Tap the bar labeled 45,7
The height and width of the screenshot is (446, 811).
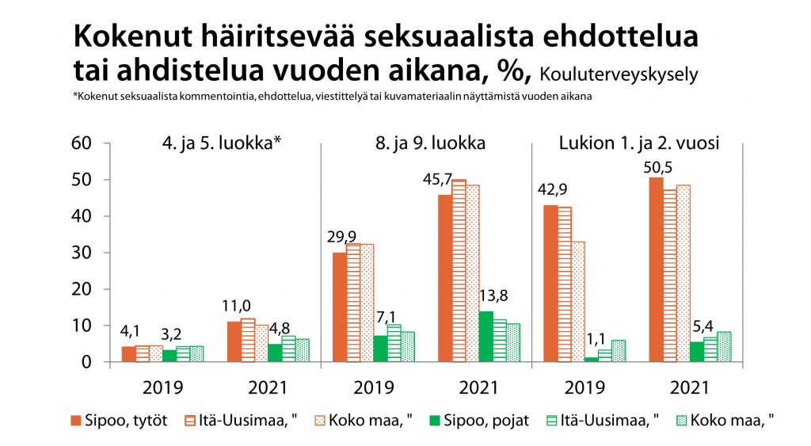pyautogui.click(x=444, y=278)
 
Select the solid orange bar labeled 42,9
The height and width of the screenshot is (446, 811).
pyautogui.click(x=550, y=283)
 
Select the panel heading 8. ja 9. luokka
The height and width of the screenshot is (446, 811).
pyautogui.click(x=431, y=144)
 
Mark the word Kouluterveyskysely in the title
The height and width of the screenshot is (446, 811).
pyautogui.click(x=618, y=75)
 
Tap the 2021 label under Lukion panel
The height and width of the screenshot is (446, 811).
pyautogui.click(x=689, y=388)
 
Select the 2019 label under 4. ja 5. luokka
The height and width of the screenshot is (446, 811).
pyautogui.click(x=163, y=388)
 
